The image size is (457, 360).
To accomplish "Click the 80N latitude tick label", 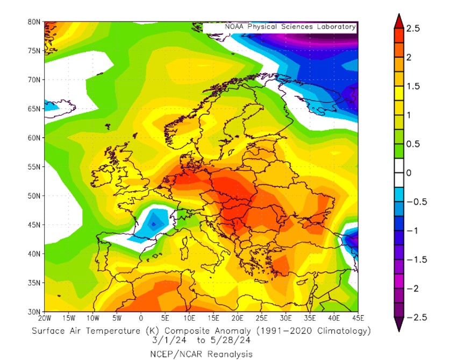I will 34,22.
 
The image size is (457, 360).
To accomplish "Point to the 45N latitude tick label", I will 34,224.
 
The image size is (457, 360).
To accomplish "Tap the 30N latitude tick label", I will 34,312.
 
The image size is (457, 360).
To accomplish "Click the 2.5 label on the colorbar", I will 413,28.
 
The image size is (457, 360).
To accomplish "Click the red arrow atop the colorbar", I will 398,21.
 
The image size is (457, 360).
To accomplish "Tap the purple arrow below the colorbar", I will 398,324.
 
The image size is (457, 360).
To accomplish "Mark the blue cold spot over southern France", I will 153,223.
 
